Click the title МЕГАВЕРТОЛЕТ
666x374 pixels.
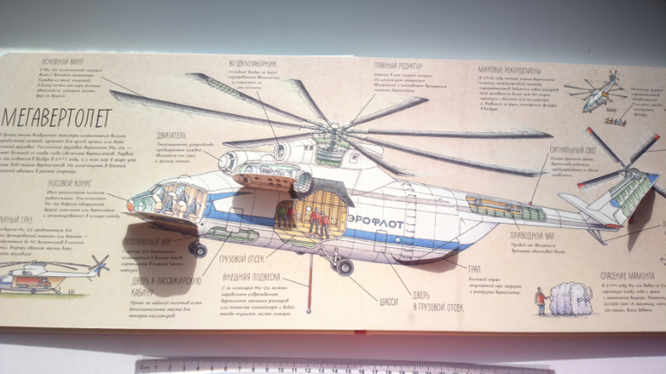point(57,112)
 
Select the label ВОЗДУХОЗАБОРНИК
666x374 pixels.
point(253,64)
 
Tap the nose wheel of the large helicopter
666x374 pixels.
point(199,250)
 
